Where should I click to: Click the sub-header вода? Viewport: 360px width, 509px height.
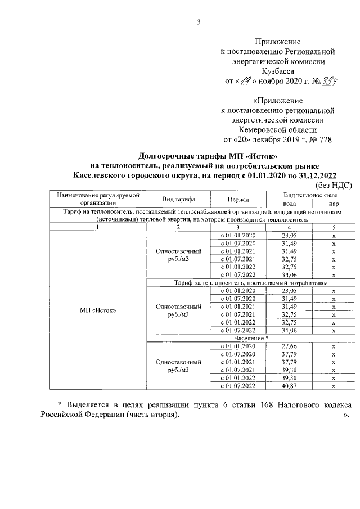coord(289,204)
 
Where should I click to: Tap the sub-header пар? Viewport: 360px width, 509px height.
coord(334,204)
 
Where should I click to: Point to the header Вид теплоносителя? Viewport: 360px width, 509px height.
coord(310,195)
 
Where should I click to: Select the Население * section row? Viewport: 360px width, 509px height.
coord(251,337)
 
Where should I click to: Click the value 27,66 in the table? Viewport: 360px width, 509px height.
coord(289,346)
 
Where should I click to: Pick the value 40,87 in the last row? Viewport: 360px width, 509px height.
coord(289,386)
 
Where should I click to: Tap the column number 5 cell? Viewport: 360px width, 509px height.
coord(334,227)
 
